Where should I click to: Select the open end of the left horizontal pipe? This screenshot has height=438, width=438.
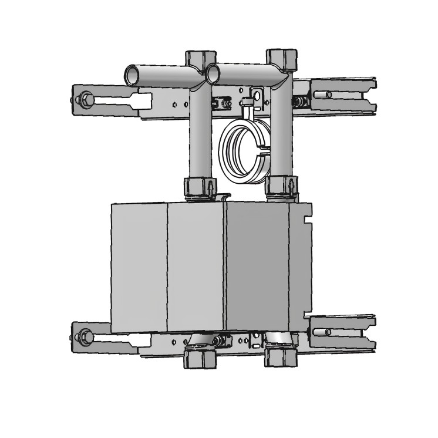pos(132,76)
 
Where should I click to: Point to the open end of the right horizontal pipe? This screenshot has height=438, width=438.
pos(214,73)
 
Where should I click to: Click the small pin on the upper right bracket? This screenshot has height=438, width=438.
pos(328,95)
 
